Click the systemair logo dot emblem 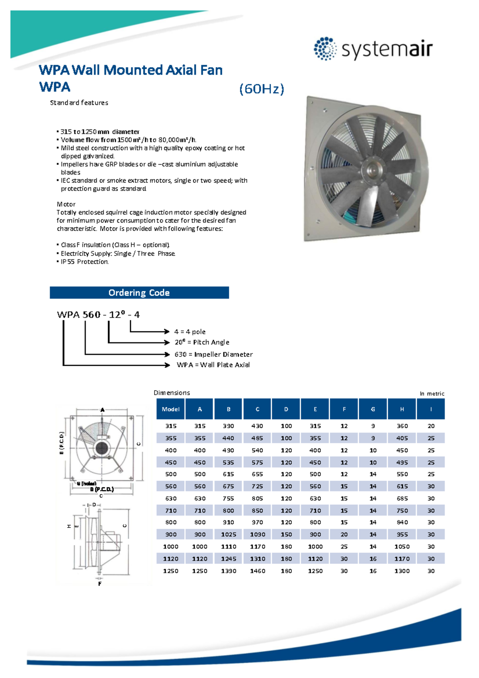click(x=325, y=49)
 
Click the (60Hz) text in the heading click(x=261, y=89)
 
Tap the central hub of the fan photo click(x=372, y=169)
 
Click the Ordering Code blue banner click(x=139, y=293)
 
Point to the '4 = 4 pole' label click(x=190, y=332)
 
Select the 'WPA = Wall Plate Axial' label click(x=213, y=365)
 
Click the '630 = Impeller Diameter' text click(x=214, y=355)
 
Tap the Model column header click(x=170, y=409)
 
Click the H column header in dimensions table click(x=402, y=409)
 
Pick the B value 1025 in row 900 click(x=228, y=535)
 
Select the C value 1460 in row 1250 click(x=257, y=571)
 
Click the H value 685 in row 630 click(x=402, y=499)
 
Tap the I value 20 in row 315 click(x=431, y=426)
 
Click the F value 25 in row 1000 click(x=344, y=547)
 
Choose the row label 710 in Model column click(x=170, y=511)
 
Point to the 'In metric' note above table click(x=431, y=394)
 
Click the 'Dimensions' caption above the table click(x=172, y=393)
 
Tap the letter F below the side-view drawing click(x=100, y=584)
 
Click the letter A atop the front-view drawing click(x=103, y=410)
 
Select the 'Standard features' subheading click(x=79, y=103)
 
